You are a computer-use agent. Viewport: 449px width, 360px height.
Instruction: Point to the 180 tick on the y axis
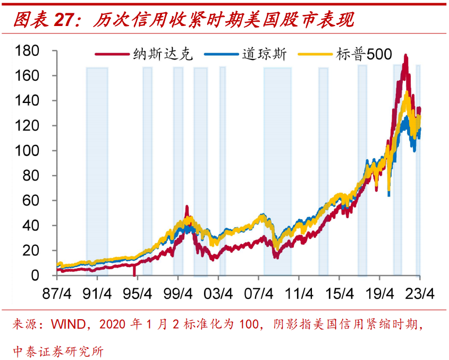28,51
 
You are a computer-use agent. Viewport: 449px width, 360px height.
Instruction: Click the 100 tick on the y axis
28,151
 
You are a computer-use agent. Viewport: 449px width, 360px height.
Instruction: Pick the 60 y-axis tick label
32,201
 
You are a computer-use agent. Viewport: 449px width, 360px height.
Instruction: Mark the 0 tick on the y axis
36,276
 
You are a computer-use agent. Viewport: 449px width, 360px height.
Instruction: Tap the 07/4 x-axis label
258,294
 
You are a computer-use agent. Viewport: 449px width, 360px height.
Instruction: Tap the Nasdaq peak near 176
406,55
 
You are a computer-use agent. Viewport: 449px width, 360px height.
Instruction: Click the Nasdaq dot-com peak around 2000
187,206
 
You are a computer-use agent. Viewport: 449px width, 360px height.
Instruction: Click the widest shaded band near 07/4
277,170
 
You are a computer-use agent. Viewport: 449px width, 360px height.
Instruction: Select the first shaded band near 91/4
97,170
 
